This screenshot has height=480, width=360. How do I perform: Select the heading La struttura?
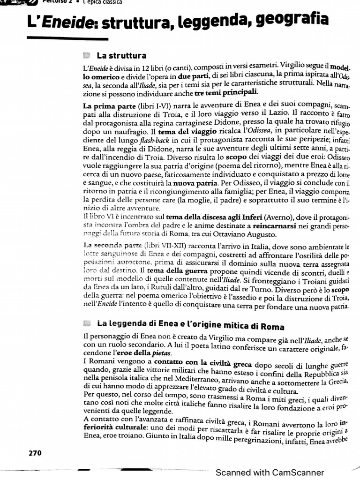click(x=121, y=56)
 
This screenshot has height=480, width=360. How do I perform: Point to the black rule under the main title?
click(x=54, y=38)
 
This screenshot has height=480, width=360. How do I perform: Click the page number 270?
click(x=35, y=453)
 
